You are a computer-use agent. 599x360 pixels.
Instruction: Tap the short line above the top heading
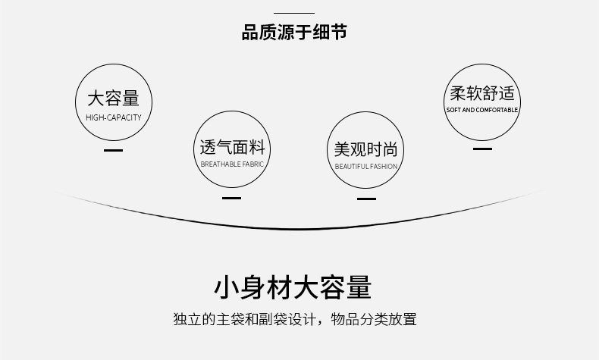[293, 13]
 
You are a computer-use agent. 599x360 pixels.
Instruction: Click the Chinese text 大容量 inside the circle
[113, 99]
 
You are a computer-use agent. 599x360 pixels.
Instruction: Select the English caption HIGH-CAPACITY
[113, 117]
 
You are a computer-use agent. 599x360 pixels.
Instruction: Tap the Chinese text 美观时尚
[365, 149]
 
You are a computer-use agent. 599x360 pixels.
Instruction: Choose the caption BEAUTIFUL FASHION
[365, 166]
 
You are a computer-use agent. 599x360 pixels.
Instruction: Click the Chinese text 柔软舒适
[482, 94]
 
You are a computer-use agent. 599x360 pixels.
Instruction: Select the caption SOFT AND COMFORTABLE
[482, 111]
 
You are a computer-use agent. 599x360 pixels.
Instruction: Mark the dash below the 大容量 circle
[113, 151]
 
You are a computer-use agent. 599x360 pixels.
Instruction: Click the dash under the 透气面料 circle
[231, 199]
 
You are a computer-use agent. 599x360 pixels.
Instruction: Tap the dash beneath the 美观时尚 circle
[366, 199]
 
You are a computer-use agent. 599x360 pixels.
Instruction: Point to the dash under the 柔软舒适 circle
[482, 149]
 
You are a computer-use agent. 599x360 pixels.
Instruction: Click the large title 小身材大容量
[293, 288]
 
